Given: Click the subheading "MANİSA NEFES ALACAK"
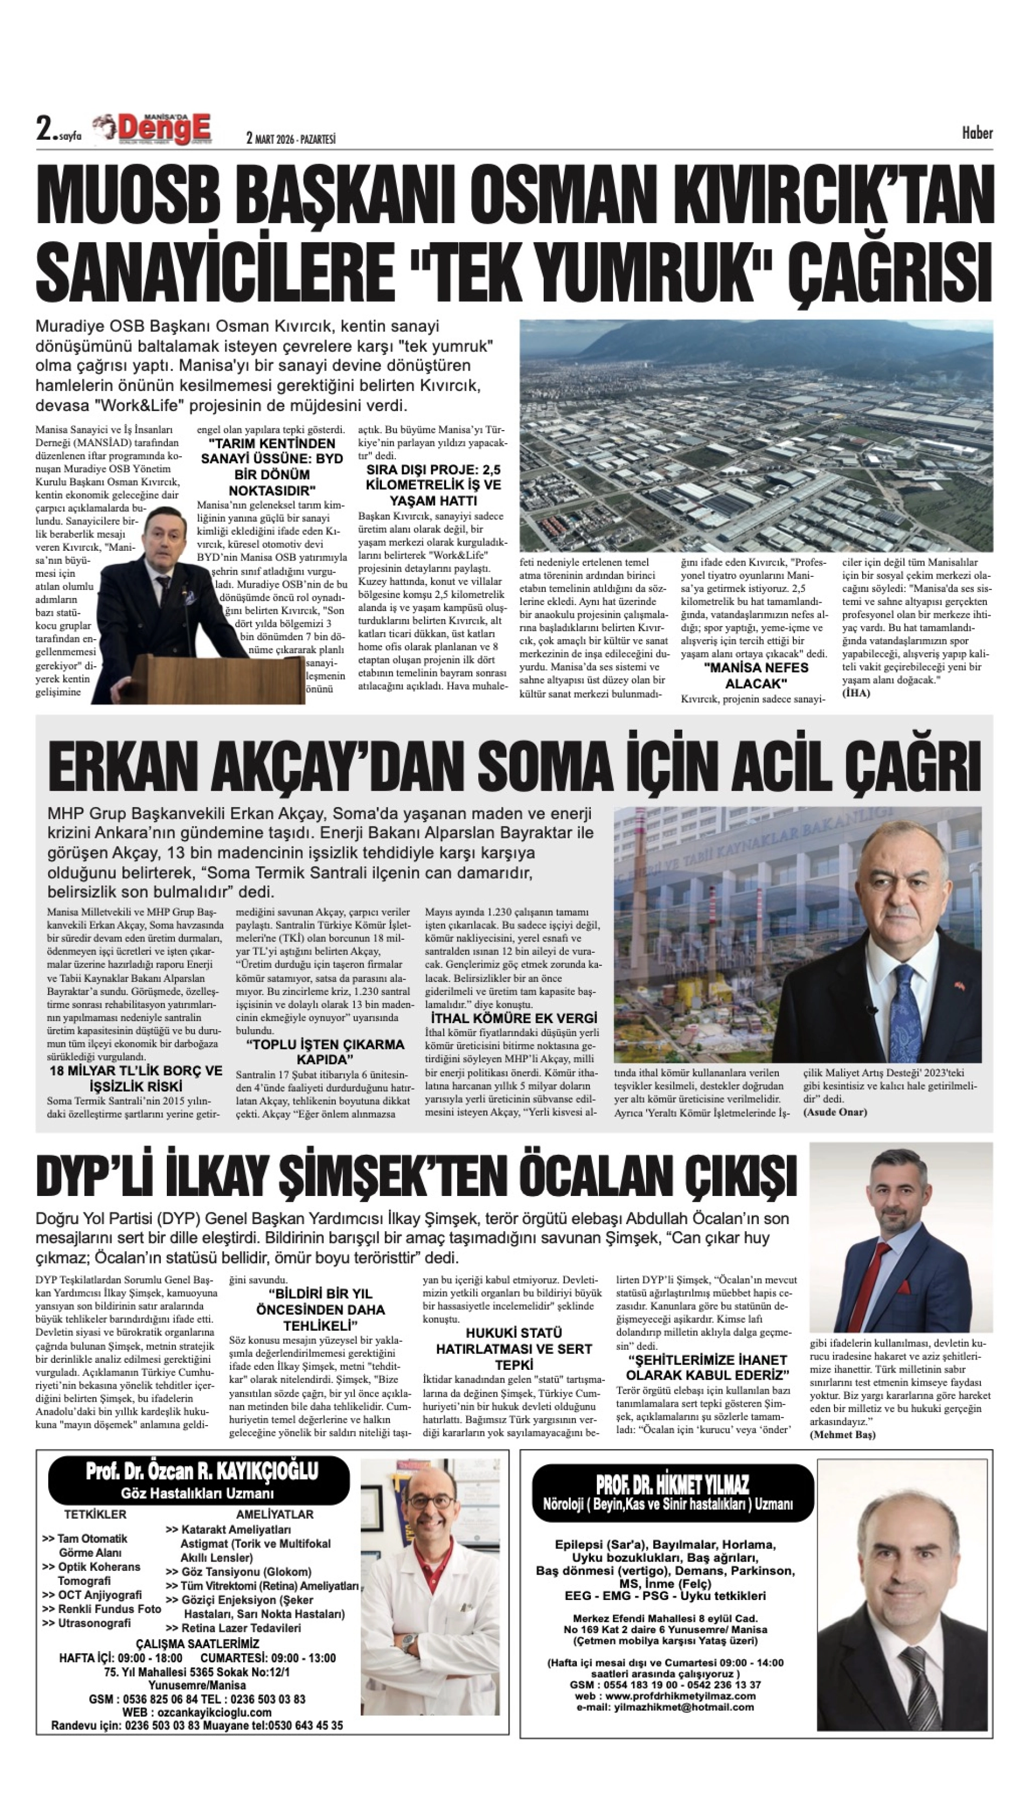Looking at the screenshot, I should pos(756,675).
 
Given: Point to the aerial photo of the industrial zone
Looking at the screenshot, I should pos(756,435).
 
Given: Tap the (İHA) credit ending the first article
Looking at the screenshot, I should pos(856,693).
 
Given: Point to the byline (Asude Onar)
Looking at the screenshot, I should pos(835,1112).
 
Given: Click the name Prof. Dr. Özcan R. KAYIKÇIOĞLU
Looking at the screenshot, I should pos(201,1471).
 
